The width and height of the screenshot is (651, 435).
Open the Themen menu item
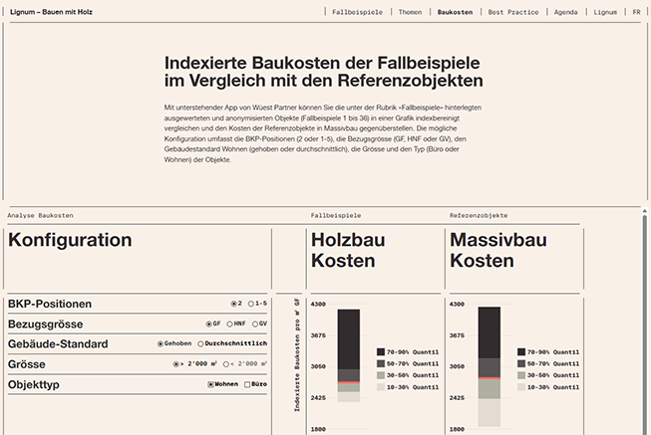pos(410,12)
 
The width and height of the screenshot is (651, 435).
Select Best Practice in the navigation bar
pos(513,12)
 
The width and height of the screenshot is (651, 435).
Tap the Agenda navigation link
pos(565,12)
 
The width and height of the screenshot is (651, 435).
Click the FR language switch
pos(636,12)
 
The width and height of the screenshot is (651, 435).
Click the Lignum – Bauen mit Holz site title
pos(52,12)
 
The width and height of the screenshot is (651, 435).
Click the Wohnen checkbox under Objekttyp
pos(211,383)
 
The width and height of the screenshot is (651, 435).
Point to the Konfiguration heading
pos(70,240)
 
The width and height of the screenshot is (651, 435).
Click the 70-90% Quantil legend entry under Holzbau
pos(409,351)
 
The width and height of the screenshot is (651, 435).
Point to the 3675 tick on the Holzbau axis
pos(318,335)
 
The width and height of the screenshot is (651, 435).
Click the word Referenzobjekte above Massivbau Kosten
pos(479,215)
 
